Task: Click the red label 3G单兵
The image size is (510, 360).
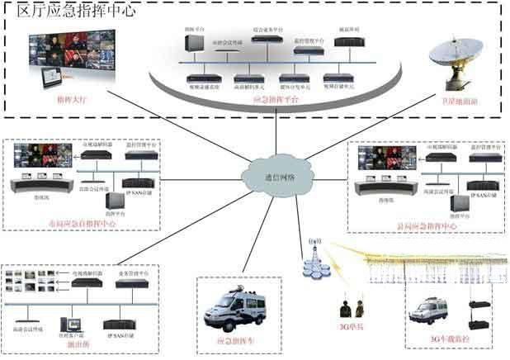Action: (349, 336)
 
